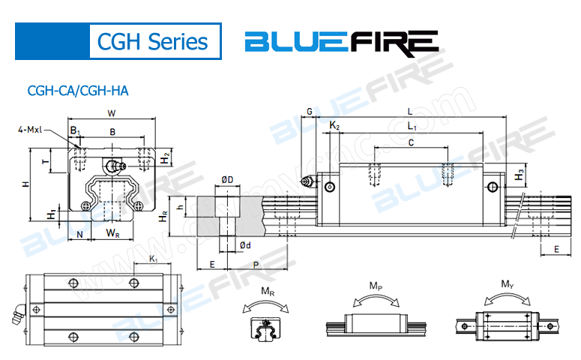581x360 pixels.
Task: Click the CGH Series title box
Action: click(156, 41)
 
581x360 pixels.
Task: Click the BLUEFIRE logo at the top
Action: click(342, 41)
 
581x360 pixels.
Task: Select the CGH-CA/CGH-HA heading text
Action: click(78, 91)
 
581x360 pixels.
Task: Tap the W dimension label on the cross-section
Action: click(111, 114)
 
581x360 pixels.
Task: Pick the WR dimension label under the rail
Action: click(112, 234)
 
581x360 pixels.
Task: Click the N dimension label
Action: click(79, 234)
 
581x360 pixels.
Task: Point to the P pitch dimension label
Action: click(256, 265)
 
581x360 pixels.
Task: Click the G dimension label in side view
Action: click(310, 112)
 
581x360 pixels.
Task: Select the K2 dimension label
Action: click(334, 127)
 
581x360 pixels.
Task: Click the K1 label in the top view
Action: click(153, 259)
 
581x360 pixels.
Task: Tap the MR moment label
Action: click(267, 291)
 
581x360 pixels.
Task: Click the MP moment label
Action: click(376, 286)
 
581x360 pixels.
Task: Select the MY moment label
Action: click(507, 284)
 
